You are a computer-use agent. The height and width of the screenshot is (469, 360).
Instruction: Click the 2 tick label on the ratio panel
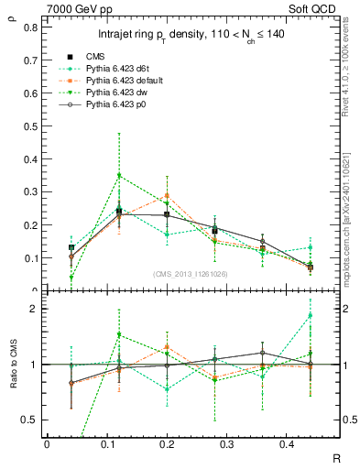point(35,309)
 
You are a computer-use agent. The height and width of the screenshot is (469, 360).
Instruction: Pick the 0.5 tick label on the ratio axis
point(32,420)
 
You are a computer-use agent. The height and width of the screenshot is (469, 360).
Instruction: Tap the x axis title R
point(337,455)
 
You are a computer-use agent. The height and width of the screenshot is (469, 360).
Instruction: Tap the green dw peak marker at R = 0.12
point(118,175)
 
